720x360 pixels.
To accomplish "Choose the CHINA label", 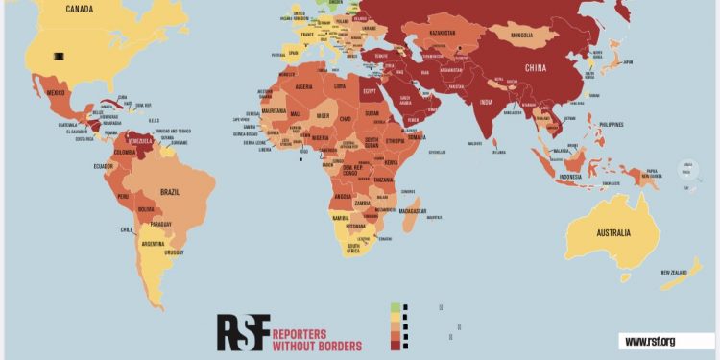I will [537, 68].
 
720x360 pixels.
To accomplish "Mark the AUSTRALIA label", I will [611, 233].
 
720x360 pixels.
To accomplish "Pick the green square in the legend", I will [395, 308].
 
